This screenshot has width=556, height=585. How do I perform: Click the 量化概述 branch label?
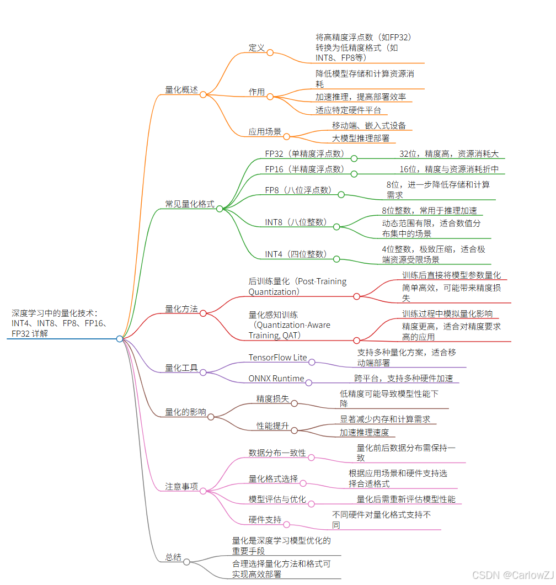[181, 89]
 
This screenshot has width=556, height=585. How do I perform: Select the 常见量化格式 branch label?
[190, 204]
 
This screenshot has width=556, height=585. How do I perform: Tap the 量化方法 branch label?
[181, 309]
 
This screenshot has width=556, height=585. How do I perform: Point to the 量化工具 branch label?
[181, 368]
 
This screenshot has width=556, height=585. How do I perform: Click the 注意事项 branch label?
[181, 486]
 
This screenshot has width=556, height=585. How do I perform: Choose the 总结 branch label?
[173, 557]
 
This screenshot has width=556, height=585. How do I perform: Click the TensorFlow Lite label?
[277, 357]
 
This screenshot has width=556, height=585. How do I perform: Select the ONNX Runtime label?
[276, 378]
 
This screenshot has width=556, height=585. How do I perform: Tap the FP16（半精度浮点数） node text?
[304, 169]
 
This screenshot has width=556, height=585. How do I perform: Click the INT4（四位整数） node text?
[296, 254]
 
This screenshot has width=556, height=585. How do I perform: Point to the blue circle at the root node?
[120, 339]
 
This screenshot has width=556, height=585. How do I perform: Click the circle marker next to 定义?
[270, 52]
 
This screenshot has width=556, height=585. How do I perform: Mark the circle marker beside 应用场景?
[287, 136]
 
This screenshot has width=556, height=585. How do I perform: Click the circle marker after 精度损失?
[294, 403]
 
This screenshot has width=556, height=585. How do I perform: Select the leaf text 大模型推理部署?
[361, 138]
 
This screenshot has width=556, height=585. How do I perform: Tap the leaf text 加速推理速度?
[364, 432]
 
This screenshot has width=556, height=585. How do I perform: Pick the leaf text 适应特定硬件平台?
[348, 110]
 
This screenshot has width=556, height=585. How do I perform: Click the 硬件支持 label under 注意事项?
[265, 519]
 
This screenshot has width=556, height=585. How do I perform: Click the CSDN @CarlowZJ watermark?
[513, 575]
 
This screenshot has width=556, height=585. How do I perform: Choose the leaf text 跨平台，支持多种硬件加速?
[403, 378]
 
